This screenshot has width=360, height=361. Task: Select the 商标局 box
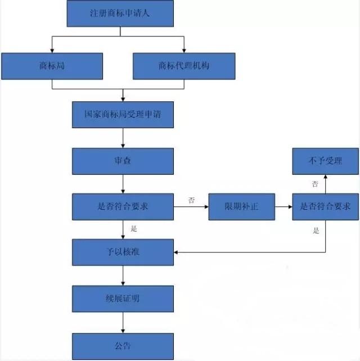52,66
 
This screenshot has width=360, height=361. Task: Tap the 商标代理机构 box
184,66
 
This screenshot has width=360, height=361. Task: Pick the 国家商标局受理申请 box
123,115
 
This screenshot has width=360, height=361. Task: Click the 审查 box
123,161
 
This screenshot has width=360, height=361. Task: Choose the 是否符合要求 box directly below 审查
123,206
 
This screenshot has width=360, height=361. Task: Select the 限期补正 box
241,206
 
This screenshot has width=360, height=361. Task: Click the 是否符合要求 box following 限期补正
325,206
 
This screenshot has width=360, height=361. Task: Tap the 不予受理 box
325,161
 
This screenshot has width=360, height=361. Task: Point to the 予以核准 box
123,252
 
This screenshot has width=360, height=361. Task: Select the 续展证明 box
123,298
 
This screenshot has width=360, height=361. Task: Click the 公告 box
123,345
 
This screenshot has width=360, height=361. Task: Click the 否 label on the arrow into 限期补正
191,200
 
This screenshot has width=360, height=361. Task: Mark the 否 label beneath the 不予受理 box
315,184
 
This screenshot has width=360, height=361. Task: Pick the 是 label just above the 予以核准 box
134,228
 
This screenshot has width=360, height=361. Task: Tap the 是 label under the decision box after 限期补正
315,230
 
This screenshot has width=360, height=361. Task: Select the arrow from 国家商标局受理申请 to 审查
123,138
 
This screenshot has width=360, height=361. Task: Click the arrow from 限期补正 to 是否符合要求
282,207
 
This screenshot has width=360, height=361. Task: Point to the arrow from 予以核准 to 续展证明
123,276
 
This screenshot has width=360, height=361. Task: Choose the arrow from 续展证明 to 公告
123,322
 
